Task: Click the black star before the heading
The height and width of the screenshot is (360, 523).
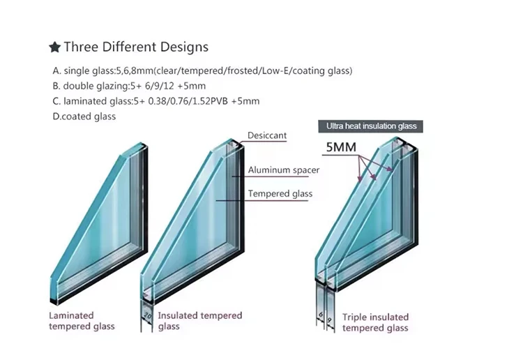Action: pyautogui.click(x=54, y=47)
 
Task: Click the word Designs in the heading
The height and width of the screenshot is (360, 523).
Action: pyautogui.click(x=182, y=47)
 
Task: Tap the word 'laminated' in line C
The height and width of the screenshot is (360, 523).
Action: pyautogui.click(x=82, y=101)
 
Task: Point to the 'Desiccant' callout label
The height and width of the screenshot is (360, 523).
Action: pyautogui.click(x=267, y=135)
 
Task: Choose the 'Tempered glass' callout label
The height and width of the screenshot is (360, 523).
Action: pyautogui.click(x=280, y=193)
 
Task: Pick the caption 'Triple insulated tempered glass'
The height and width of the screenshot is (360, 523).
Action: pyautogui.click(x=375, y=322)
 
